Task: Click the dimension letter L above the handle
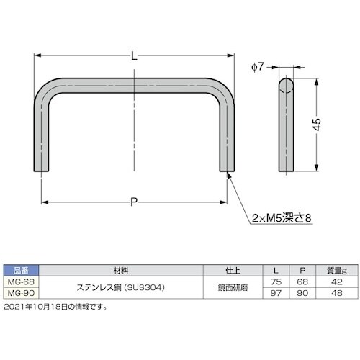point(136,54)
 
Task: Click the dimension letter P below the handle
point(135,202)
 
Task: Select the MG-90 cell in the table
point(19,293)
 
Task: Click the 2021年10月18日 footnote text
point(55,306)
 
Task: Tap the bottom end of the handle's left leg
point(44,169)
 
